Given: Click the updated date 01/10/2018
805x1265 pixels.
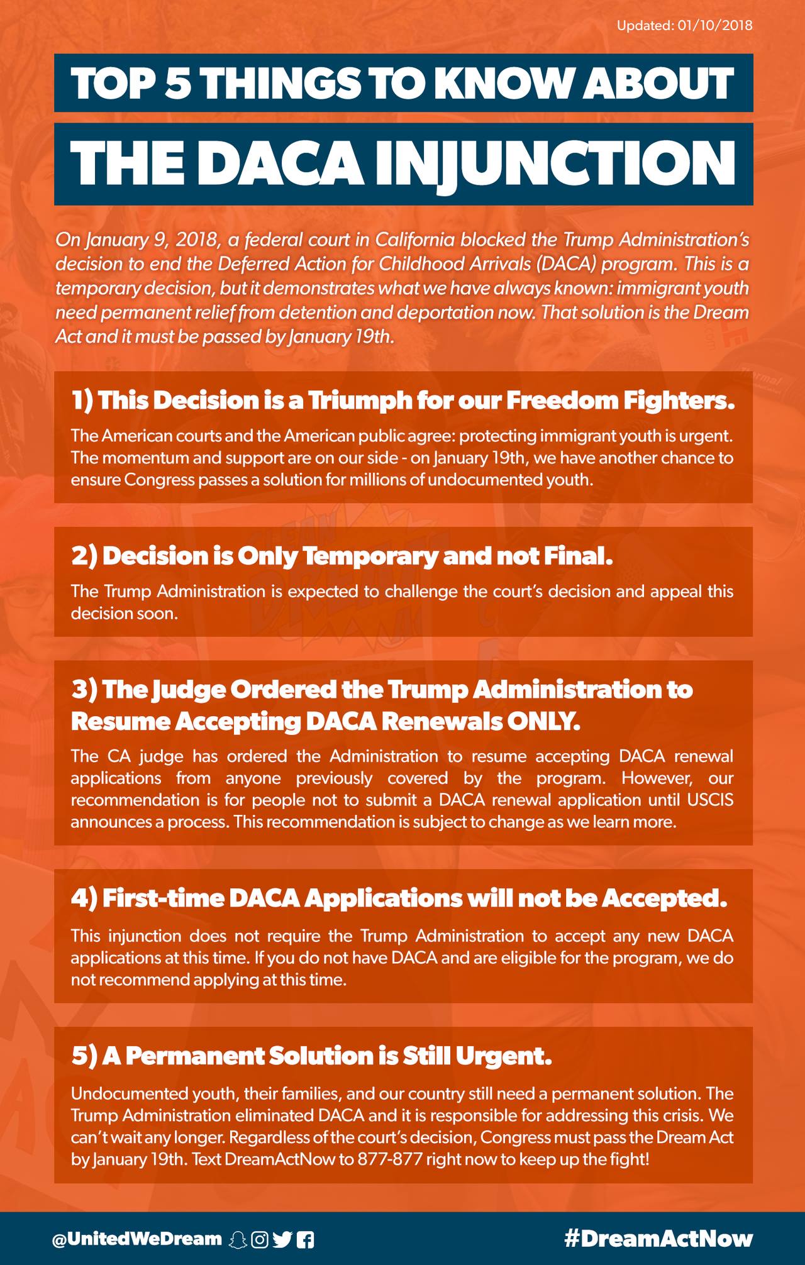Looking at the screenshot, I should click(x=715, y=26).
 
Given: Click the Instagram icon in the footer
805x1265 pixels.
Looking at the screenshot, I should click(x=260, y=1239).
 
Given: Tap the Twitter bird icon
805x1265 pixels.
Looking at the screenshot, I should click(x=282, y=1239).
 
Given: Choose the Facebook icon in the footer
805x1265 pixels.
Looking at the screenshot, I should click(x=305, y=1239).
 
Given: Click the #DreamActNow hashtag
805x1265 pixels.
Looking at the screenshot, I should click(x=658, y=1238).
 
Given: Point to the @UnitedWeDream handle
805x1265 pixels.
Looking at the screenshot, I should click(x=137, y=1238).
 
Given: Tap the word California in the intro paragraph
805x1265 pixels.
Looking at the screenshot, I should click(x=415, y=240).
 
